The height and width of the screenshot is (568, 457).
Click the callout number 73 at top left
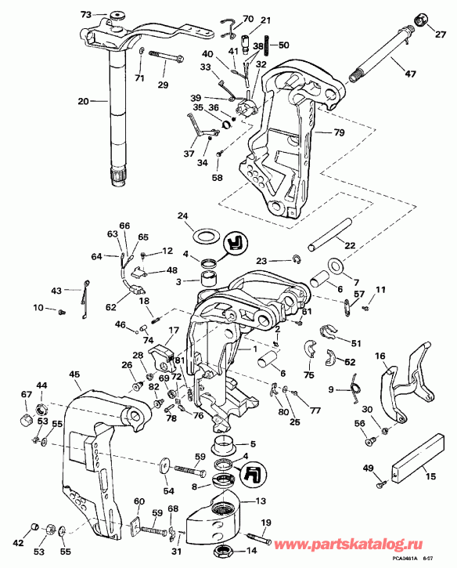[x=86, y=14]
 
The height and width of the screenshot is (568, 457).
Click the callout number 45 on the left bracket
[x=74, y=374]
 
